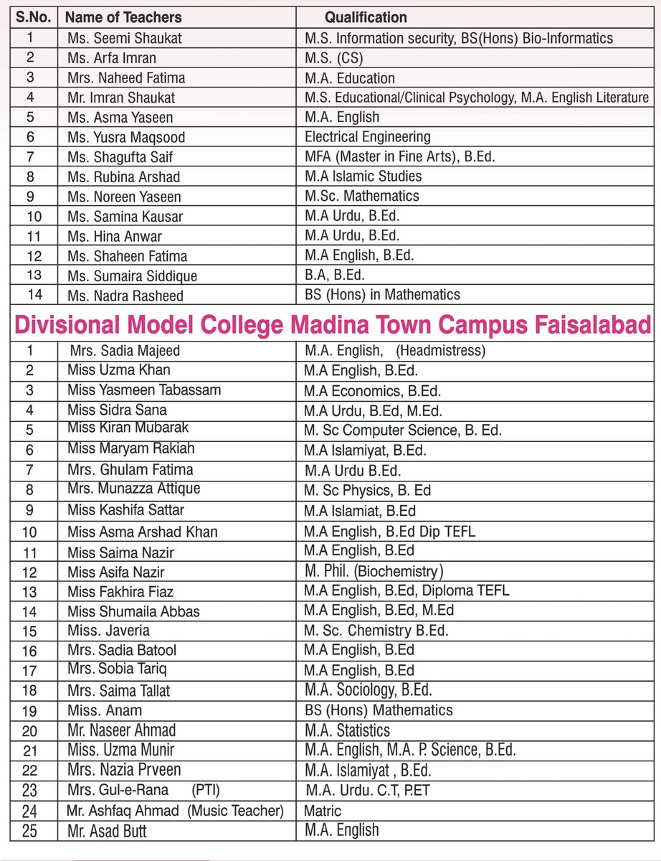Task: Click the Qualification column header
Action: [366, 17]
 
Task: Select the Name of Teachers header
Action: [124, 17]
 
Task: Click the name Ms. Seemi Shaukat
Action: [125, 38]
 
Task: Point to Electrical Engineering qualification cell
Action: [368, 136]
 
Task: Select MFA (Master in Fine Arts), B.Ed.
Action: [399, 156]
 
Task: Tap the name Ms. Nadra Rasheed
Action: [125, 296]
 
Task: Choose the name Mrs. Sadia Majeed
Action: [125, 351]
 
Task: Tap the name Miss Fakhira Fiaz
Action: [120, 592]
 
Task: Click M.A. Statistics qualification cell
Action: [347, 730]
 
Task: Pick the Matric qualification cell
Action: [323, 811]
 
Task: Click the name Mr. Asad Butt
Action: [108, 832]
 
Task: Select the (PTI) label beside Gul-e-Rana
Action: [206, 790]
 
